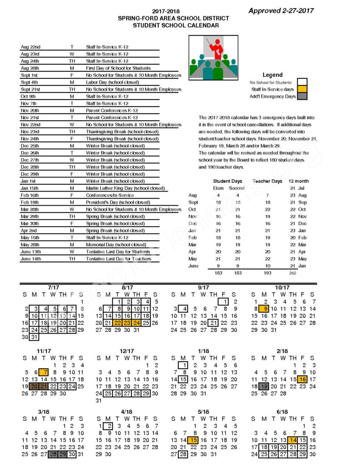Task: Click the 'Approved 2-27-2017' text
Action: pyautogui.click(x=281, y=10)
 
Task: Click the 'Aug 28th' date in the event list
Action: pyautogui.click(x=30, y=68)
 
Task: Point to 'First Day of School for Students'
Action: pyautogui.click(x=118, y=68)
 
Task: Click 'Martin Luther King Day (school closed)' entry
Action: pyautogui.click(x=122, y=188)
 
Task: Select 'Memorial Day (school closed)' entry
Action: pyautogui.click(x=116, y=245)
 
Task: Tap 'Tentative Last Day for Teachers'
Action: pyautogui.click(x=118, y=259)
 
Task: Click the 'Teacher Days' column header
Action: pyautogui.click(x=268, y=181)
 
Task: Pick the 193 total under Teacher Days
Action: pyautogui.click(x=268, y=273)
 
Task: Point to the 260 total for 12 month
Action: pyautogui.click(x=292, y=273)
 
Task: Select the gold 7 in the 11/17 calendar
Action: pyautogui.click(x=44, y=372)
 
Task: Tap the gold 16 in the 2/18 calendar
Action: pyautogui.click(x=302, y=379)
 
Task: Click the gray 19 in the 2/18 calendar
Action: pyautogui.click(x=264, y=386)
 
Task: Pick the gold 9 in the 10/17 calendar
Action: pyautogui.click(x=264, y=309)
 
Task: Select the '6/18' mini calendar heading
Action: pyautogui.click(x=282, y=412)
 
